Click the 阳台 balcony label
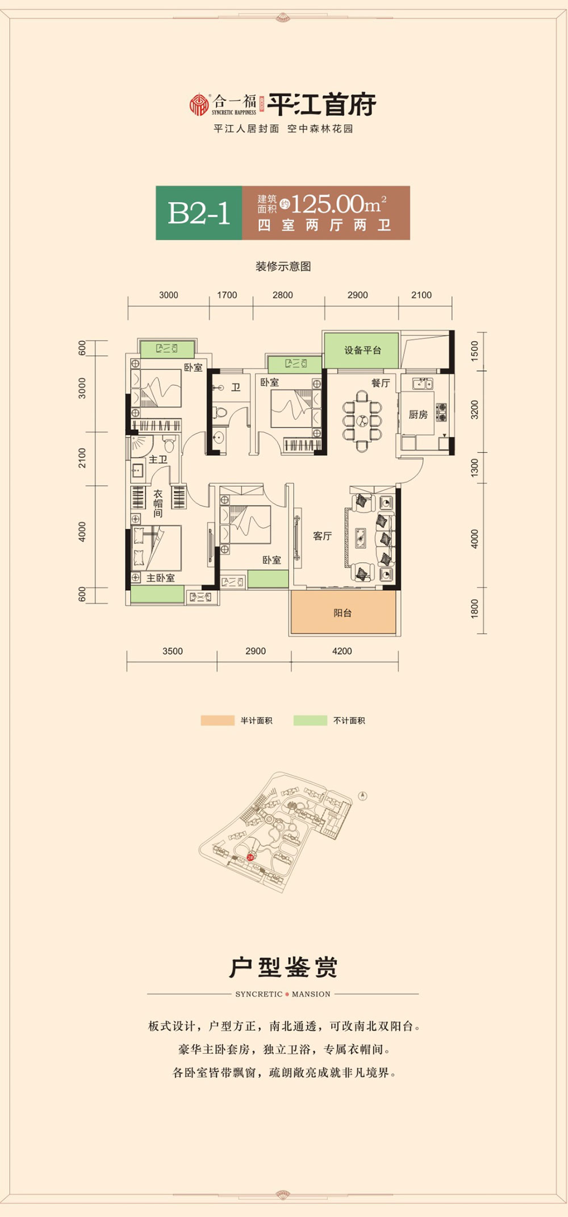(x=343, y=613)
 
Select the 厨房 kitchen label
(x=418, y=415)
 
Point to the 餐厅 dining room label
(x=381, y=383)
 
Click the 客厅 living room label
(x=322, y=536)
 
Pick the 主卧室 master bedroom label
(x=161, y=578)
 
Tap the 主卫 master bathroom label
(x=158, y=459)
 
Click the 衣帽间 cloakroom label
(x=158, y=503)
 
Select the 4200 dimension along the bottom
(x=342, y=651)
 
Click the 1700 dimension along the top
(x=227, y=295)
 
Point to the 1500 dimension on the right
(x=475, y=351)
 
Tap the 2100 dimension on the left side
(x=82, y=457)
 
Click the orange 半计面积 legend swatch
(x=218, y=721)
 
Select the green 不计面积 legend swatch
(x=310, y=721)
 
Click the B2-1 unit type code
(x=199, y=213)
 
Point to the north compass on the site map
(x=363, y=795)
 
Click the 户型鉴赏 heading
(x=283, y=967)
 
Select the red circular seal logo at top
(x=199, y=104)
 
